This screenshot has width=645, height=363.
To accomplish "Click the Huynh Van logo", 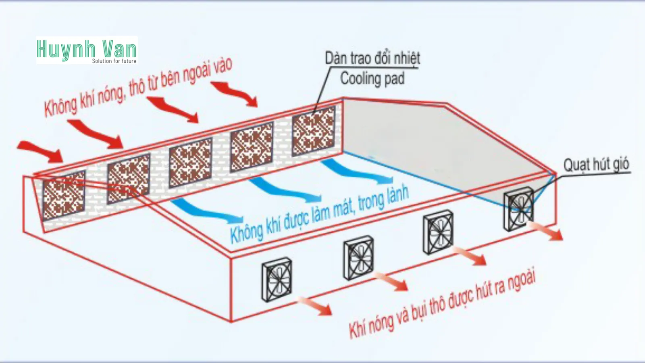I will [86, 50].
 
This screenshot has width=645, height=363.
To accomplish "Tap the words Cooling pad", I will [372, 78].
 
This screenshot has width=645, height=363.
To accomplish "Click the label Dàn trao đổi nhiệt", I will [372, 58].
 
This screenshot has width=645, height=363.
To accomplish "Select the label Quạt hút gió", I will [596, 165].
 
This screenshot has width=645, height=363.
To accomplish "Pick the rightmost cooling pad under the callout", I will [314, 131].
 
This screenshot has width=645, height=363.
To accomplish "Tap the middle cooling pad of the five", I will [190, 162].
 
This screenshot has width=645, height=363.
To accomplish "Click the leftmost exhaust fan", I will [277, 280].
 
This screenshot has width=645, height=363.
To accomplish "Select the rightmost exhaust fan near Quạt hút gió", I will [519, 209].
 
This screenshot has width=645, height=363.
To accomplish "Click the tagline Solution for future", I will [114, 61].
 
